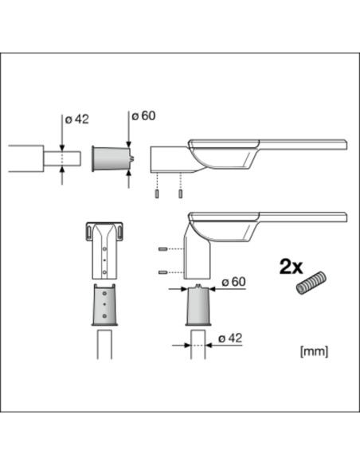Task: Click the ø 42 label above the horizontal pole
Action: click(x=76, y=119)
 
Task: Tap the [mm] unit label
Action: click(x=313, y=350)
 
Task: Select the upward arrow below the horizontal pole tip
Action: click(x=63, y=177)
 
